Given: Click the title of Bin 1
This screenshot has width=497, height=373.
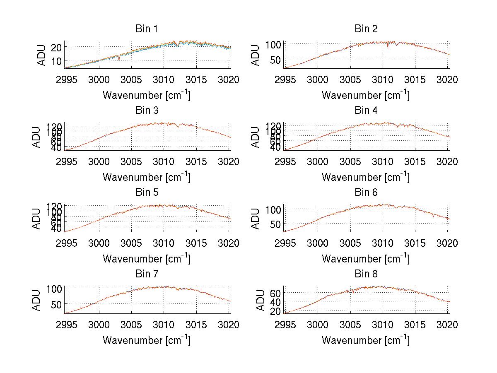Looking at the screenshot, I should pos(147,29).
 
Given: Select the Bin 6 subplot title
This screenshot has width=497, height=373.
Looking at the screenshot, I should pos(366,193).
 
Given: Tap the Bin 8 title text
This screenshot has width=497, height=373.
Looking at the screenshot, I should pos(366,274).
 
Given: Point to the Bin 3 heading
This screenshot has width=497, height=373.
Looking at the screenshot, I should pos(147,111).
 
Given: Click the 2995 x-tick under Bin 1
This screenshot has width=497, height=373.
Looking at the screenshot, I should pos(66,80).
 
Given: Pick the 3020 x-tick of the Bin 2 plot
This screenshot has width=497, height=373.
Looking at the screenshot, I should pos(447,80).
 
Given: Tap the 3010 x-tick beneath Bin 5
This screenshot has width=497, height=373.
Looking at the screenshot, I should pos(164,243).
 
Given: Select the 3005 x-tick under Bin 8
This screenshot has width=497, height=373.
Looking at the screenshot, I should pos(350,325).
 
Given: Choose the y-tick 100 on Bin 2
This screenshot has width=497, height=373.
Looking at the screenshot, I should pos(273,44).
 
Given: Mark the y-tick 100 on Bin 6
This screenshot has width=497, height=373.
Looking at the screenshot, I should pos(273,209).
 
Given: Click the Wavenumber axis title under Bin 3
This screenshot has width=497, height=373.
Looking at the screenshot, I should pos(147,177).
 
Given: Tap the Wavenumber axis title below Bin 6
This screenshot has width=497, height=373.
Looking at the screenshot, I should pos(366,258).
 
